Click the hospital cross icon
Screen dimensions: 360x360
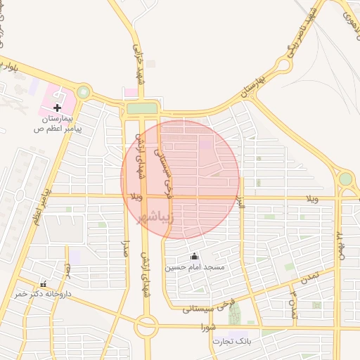point(56,108)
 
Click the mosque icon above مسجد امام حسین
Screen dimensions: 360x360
point(195,256)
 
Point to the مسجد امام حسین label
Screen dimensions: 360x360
point(195,267)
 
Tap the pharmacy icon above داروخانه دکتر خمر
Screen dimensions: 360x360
point(44,283)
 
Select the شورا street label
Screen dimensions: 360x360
point(207,327)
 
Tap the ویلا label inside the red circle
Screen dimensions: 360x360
point(136,196)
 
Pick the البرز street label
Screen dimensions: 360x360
point(240,188)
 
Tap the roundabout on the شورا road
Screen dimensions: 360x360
point(147,326)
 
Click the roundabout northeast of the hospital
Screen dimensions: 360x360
point(84,91)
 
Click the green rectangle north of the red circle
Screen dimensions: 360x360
point(141,108)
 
